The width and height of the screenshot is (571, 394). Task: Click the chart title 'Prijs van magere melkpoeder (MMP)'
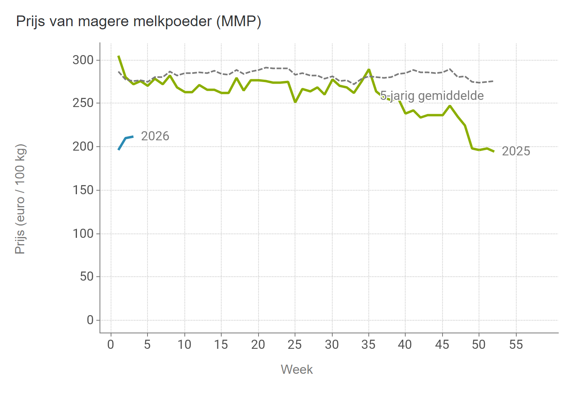pos(138,21)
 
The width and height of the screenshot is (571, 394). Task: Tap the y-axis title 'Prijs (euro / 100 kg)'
pos(20,199)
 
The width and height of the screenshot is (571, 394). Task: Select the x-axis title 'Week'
pos(297,369)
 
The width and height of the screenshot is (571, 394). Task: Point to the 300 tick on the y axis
pos(83,60)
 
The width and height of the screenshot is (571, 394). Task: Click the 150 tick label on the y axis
pos(83,190)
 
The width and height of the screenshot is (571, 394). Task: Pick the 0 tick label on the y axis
pos(90,320)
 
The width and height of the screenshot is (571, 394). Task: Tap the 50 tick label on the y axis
pos(86,277)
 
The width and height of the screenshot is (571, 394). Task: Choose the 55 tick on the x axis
pos(516,345)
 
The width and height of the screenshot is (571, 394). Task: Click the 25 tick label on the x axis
pos(295,345)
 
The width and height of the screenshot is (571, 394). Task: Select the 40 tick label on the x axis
pos(405,345)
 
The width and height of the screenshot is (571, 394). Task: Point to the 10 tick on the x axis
pos(184,345)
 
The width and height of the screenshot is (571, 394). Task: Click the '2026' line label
pos(155,136)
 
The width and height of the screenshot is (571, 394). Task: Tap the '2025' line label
pos(516,151)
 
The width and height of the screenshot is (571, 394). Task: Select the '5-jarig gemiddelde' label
pos(432,96)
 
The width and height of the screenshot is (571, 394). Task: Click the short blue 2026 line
pos(125,138)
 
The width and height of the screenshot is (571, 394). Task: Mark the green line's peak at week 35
pos(369,70)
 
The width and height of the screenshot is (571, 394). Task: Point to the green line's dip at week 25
pos(295,102)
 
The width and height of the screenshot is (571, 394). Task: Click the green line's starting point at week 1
pos(119,56)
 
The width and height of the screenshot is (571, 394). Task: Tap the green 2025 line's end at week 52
pos(494,151)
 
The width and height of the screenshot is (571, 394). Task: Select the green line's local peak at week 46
pos(450,106)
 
